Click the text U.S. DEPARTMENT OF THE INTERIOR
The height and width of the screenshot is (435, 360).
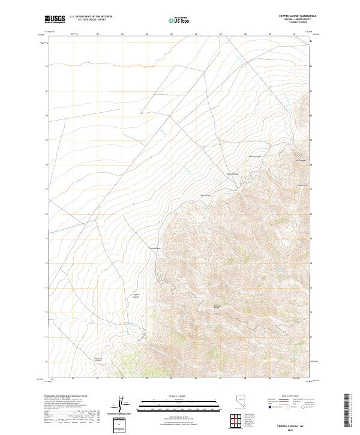91,17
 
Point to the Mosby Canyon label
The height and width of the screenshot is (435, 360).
256,157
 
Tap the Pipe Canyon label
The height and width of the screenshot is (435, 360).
206,195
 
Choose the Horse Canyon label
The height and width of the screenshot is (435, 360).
155,248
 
